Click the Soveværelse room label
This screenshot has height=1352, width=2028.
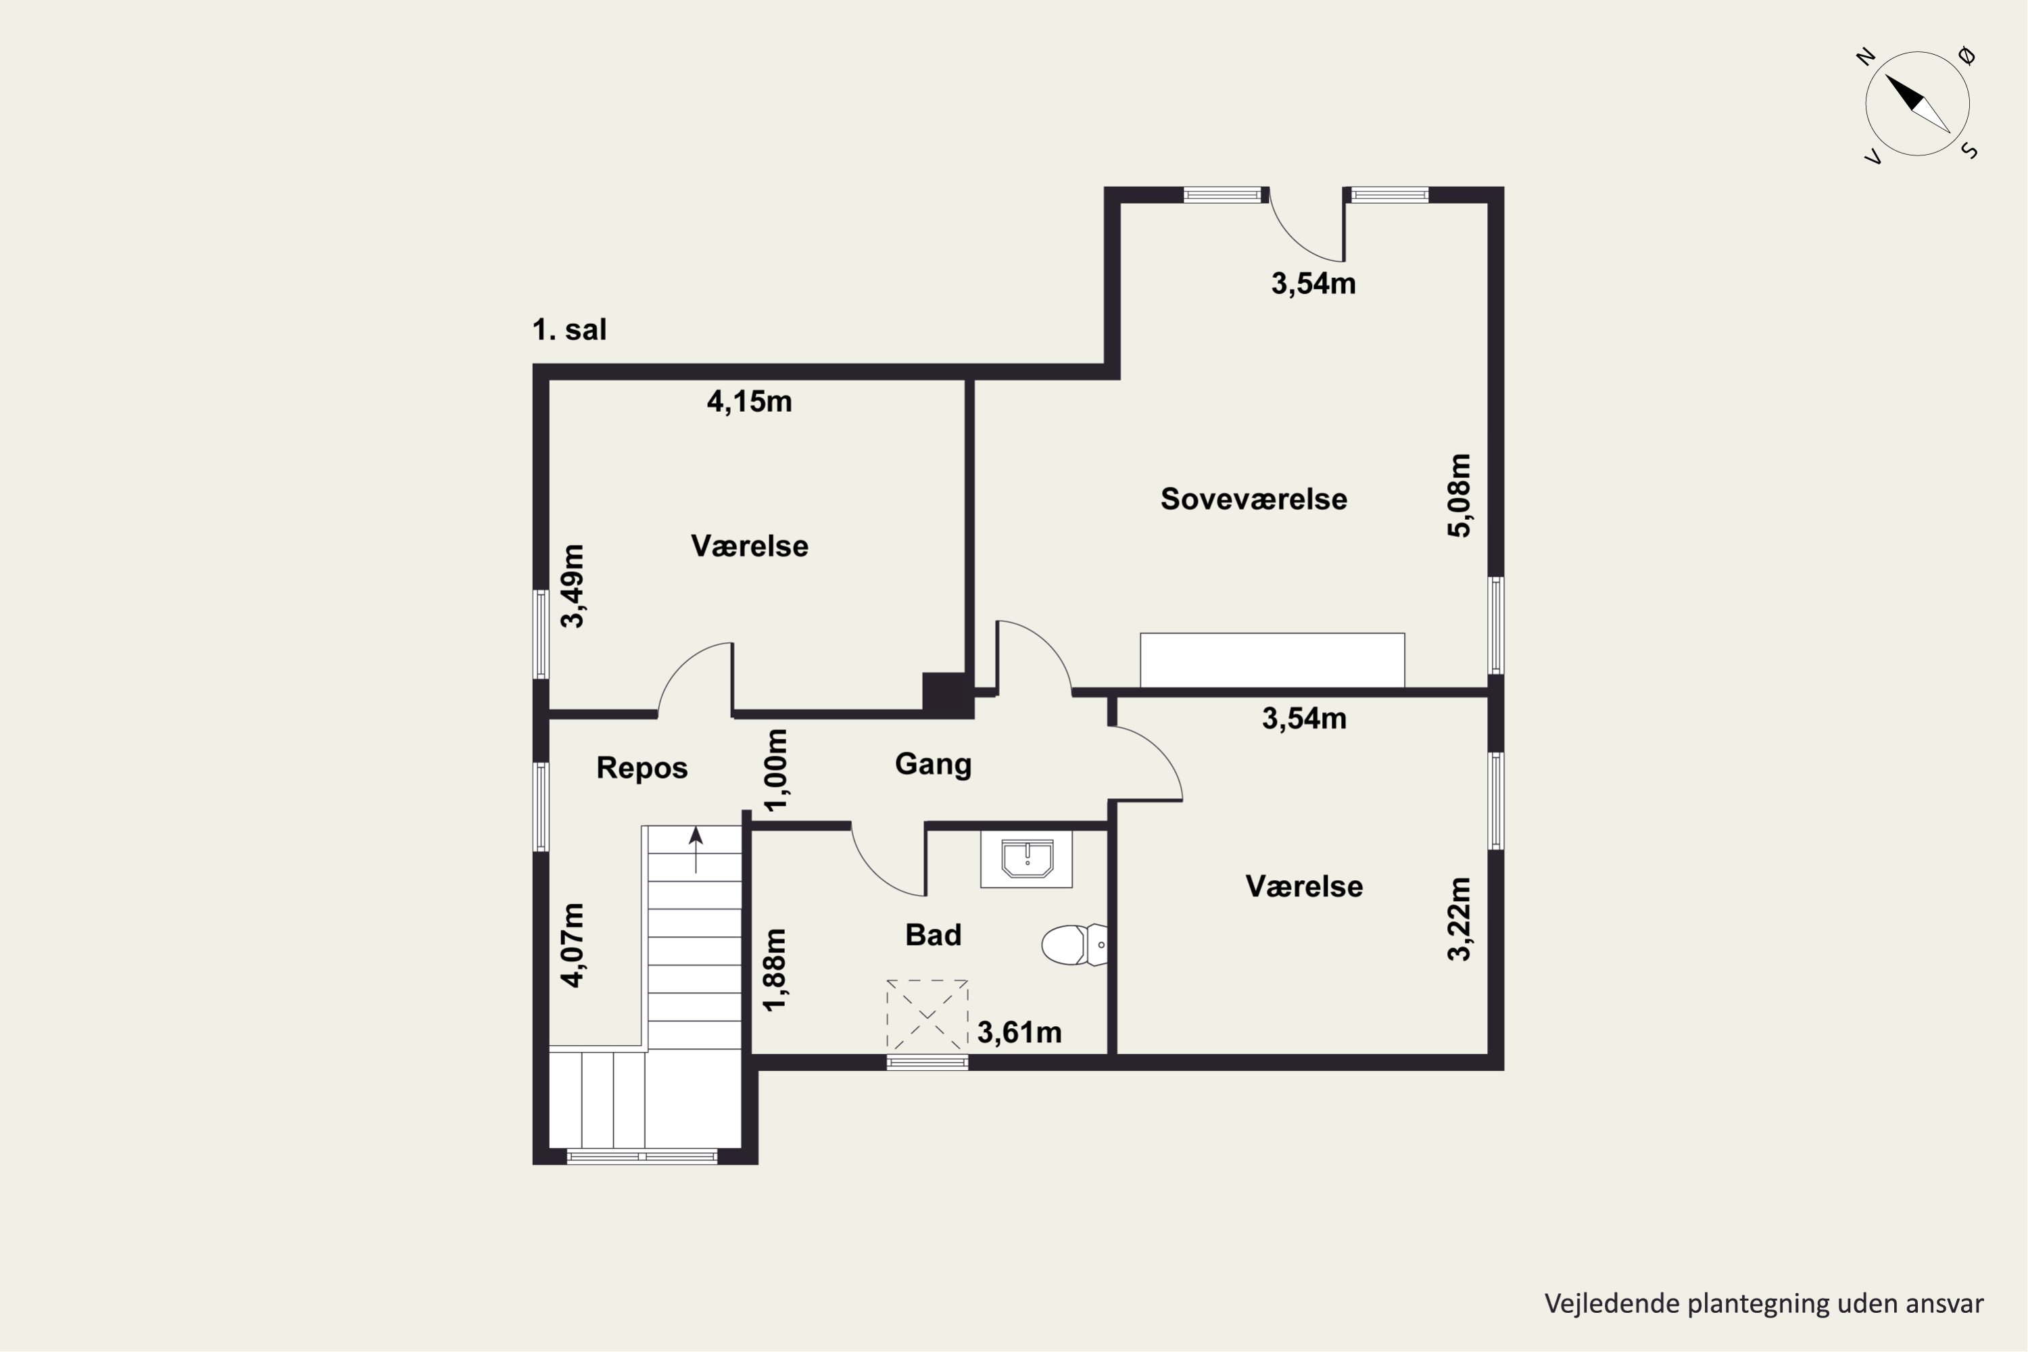tap(1254, 500)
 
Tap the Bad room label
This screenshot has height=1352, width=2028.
tap(933, 935)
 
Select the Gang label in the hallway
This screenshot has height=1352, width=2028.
tap(933, 765)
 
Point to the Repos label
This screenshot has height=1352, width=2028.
tap(642, 768)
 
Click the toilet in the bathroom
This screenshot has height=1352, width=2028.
tap(1074, 945)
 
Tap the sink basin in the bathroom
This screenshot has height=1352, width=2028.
tap(1026, 859)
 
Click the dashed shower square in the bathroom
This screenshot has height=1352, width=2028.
tap(927, 1017)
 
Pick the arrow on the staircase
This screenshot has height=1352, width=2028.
tap(696, 849)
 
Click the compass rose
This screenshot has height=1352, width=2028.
tap(1918, 104)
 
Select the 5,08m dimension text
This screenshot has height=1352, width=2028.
tap(1459, 496)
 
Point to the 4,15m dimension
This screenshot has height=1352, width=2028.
tap(749, 402)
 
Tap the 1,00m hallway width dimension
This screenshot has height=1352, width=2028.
tap(776, 770)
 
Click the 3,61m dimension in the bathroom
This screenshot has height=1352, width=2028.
tap(1019, 1032)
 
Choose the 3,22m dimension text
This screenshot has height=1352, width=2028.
tap(1459, 919)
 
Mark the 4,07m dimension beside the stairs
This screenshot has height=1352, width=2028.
tap(573, 945)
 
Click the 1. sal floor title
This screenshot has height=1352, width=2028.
tap(569, 329)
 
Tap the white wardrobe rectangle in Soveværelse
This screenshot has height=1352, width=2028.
tap(1272, 660)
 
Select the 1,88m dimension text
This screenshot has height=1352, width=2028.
tap(776, 969)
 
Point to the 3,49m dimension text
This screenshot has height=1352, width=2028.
tap(573, 586)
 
